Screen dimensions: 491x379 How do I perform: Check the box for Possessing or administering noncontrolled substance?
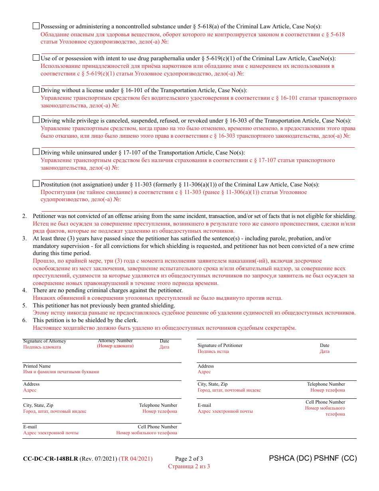[x=36, y=26]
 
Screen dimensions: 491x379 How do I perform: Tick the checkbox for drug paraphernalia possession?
[x=36, y=58]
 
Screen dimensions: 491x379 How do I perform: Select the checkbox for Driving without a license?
[x=36, y=90]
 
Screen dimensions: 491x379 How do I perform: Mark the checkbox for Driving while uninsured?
[x=36, y=152]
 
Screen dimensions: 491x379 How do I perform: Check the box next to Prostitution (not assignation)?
[x=36, y=184]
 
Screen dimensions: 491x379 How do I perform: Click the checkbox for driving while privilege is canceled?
[x=36, y=120]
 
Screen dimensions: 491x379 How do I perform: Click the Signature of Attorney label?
[x=44, y=341]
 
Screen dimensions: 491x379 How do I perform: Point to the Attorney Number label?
[x=115, y=341]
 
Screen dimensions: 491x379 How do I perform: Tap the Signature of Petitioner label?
[x=220, y=345]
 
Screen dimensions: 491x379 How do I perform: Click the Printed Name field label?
[x=37, y=366]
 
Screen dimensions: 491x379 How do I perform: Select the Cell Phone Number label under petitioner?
[x=325, y=402]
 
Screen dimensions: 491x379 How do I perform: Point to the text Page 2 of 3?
[x=189, y=459]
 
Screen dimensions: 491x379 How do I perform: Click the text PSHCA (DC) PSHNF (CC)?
[x=313, y=458]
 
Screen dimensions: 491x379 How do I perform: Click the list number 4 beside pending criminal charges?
[x=24, y=291]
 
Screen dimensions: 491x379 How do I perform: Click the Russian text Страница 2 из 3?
[x=189, y=466]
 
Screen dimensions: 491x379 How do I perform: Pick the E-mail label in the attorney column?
[x=30, y=427]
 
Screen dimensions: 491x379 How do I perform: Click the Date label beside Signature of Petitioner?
[x=324, y=345]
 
